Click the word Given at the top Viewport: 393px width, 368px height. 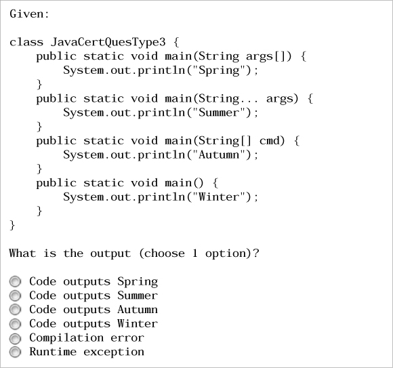26,14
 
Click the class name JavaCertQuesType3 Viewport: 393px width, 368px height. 108,42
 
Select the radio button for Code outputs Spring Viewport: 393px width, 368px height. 15,281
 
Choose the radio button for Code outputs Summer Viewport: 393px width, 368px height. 15,295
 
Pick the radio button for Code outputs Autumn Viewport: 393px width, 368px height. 15,310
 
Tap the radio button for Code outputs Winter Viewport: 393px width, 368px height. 15,324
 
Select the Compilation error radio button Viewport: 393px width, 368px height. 15,338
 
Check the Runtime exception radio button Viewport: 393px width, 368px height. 15,352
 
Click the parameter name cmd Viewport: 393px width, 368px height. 272,141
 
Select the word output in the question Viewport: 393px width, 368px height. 110,253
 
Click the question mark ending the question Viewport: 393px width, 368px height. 255,253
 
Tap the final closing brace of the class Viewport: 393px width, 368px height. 12,225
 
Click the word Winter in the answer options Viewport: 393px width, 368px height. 138,324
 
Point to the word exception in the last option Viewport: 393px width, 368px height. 114,352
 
